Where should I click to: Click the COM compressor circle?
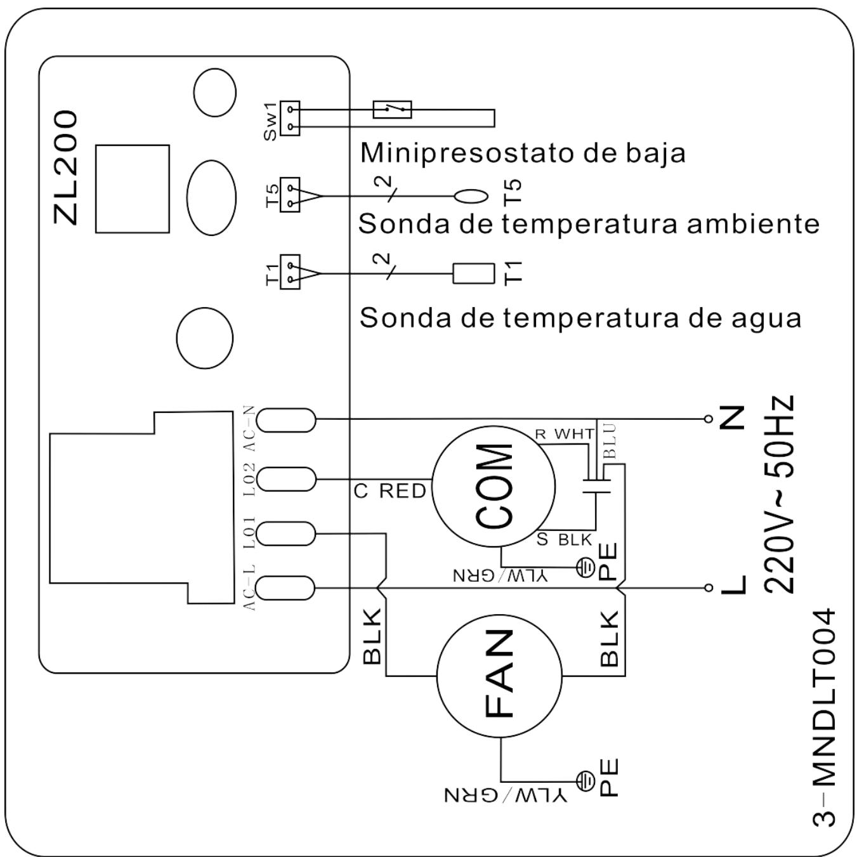pyautogui.click(x=494, y=487)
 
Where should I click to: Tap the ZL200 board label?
pyautogui.click(x=66, y=167)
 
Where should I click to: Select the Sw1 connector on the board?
pyautogui.click(x=290, y=118)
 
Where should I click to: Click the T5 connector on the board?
pyautogui.click(x=290, y=195)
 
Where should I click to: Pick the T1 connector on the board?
pyautogui.click(x=290, y=273)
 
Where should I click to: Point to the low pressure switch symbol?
pyautogui.click(x=392, y=110)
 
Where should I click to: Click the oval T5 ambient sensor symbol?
pyautogui.click(x=471, y=196)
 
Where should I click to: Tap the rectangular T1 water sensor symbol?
pyautogui.click(x=473, y=273)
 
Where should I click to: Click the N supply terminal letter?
pyautogui.click(x=733, y=419)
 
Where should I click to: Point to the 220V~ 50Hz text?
pyautogui.click(x=778, y=495)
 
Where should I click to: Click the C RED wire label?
pyautogui.click(x=390, y=491)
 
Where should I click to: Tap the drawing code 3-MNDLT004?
pyautogui.click(x=825, y=717)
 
